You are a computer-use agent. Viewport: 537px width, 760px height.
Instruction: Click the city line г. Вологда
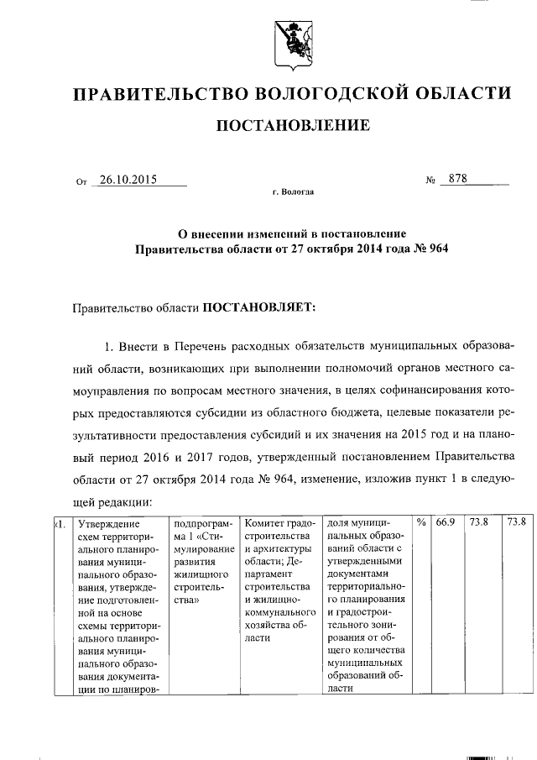click(x=293, y=192)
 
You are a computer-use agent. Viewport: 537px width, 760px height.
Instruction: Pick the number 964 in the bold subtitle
click(x=429, y=249)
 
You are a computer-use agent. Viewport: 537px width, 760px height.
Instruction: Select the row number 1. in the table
click(x=59, y=523)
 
